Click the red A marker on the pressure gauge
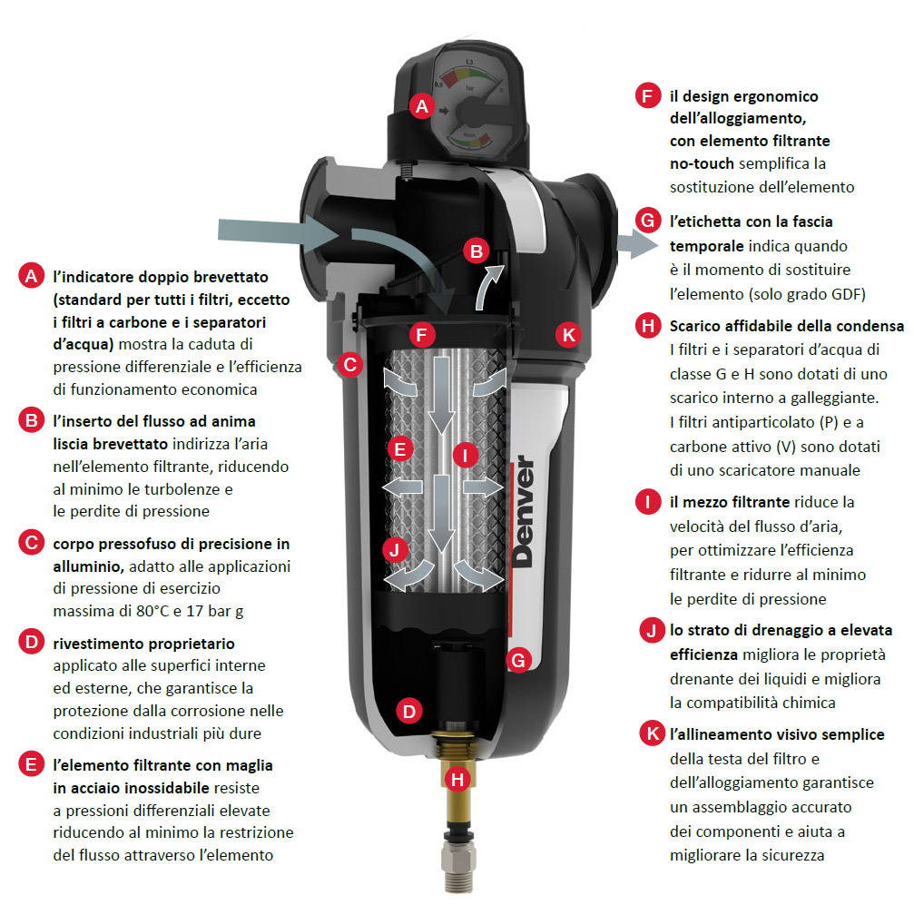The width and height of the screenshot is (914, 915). (422, 106)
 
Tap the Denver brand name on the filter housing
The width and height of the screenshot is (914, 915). (524, 511)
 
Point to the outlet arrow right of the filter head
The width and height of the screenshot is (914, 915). (637, 243)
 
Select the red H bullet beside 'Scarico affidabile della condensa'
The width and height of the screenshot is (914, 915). (648, 326)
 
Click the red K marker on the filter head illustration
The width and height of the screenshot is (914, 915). (568, 335)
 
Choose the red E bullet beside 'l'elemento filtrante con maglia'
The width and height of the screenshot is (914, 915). (32, 764)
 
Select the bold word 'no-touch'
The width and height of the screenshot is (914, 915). (702, 163)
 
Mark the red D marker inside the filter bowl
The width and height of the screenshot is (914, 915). (409, 712)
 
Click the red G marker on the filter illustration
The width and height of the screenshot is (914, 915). (517, 660)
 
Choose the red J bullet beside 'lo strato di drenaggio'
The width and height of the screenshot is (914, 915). (652, 630)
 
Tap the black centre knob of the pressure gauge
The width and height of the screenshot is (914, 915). (469, 111)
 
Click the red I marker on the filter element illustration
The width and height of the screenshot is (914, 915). (466, 455)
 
